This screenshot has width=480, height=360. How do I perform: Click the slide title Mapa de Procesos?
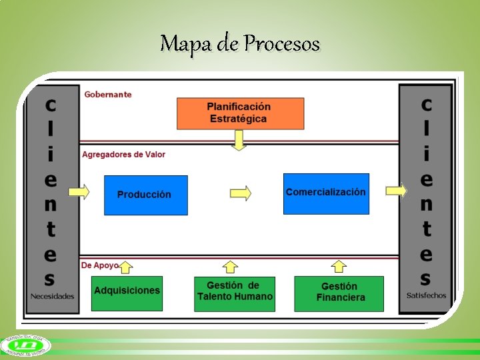(x=240, y=44)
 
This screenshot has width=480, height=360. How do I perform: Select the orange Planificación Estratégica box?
(x=240, y=113)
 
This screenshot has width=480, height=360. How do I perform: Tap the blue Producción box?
(x=145, y=195)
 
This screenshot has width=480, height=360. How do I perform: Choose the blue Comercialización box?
(x=326, y=193)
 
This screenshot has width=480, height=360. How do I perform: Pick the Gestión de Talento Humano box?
(x=235, y=292)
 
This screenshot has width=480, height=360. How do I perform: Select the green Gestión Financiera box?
(x=339, y=293)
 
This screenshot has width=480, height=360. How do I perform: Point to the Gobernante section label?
(x=108, y=95)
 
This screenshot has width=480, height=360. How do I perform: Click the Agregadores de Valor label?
(x=123, y=155)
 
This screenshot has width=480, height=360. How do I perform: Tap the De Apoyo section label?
(x=100, y=265)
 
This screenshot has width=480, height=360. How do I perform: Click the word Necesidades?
(x=52, y=296)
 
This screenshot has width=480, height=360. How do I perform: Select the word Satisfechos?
(x=426, y=295)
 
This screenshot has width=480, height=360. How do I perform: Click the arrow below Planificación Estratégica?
(x=239, y=140)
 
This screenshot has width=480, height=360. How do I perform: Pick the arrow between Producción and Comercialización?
(x=240, y=193)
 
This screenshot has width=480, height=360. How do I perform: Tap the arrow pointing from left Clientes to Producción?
(x=79, y=192)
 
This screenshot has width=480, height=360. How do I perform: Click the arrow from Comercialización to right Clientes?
(x=395, y=191)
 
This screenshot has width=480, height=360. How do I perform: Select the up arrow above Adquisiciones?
(x=127, y=267)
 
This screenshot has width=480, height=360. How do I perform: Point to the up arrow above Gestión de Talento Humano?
(x=231, y=267)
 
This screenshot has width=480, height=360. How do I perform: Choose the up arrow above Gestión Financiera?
(x=339, y=267)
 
